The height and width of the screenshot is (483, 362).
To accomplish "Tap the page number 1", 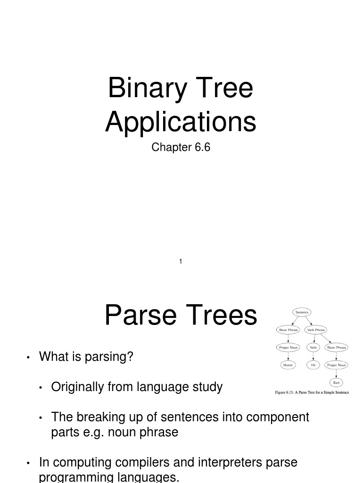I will pos(181,261).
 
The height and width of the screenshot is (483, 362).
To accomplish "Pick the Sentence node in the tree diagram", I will pos(302,312).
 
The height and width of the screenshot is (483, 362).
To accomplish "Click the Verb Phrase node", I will pos(316,330).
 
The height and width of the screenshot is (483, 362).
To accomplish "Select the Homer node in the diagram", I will pos(288,365).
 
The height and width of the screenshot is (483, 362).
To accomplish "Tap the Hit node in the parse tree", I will pos(313,365).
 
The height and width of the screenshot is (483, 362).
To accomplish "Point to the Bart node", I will pos(336,383).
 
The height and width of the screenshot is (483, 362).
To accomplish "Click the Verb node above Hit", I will pos(313,347).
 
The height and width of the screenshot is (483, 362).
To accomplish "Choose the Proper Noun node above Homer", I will pos(288,347).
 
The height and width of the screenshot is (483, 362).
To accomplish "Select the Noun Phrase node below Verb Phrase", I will pos(337,347).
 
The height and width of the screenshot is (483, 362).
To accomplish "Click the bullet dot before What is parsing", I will pos(29,358).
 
